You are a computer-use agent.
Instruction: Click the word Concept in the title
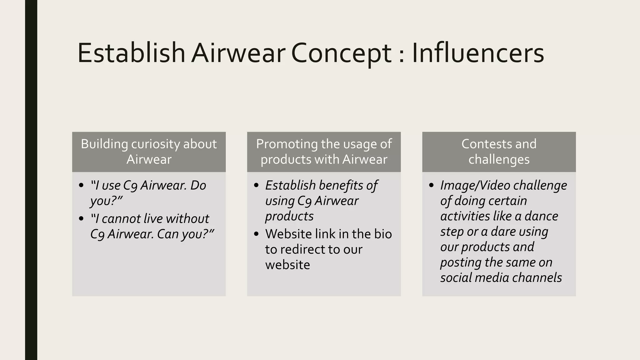pyautogui.click(x=341, y=53)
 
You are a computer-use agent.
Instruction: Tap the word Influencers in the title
pyautogui.click(x=478, y=53)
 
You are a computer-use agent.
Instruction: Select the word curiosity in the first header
pyautogui.click(x=155, y=144)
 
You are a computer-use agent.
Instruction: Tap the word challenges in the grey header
pyautogui.click(x=499, y=159)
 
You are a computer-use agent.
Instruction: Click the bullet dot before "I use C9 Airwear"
pyautogui.click(x=82, y=185)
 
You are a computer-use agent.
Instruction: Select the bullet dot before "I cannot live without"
pyautogui.click(x=82, y=219)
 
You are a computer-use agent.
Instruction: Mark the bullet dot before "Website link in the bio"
pyautogui.click(x=257, y=234)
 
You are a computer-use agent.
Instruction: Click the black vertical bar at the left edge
pyautogui.click(x=31, y=180)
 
